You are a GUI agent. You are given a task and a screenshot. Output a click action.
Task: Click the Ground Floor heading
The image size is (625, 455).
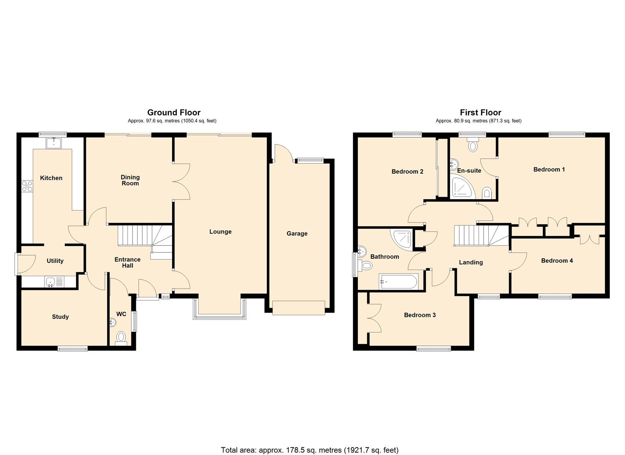173,112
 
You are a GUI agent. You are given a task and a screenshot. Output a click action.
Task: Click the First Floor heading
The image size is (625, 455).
480,112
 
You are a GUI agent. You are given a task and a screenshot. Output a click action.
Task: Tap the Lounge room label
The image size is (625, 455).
220,232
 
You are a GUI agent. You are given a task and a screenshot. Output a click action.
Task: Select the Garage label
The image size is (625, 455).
297,233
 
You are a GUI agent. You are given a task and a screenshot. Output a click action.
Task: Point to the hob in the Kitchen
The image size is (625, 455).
27,185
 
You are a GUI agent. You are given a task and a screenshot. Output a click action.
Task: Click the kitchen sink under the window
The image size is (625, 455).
54,143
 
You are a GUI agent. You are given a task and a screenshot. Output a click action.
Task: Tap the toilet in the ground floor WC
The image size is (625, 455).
121,337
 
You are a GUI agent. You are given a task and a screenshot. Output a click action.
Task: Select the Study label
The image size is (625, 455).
60,317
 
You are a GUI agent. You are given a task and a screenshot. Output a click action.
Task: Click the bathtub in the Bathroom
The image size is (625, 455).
398,281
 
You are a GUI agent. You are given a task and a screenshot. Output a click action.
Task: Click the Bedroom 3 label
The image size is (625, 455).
420,315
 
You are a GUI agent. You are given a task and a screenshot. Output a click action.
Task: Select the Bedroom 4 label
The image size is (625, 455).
557,261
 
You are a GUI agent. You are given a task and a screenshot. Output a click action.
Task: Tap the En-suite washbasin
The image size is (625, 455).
454,163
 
